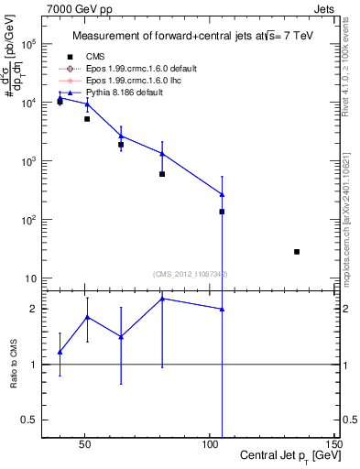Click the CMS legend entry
94,57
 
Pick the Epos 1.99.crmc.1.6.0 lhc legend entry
125,81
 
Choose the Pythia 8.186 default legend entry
119,93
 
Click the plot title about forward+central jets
182,37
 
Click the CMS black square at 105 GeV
222,212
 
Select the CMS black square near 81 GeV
162,174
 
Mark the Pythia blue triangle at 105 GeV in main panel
222,194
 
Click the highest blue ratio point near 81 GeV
162,299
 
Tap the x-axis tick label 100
211,443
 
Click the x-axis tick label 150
336,443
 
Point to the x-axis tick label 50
84,443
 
